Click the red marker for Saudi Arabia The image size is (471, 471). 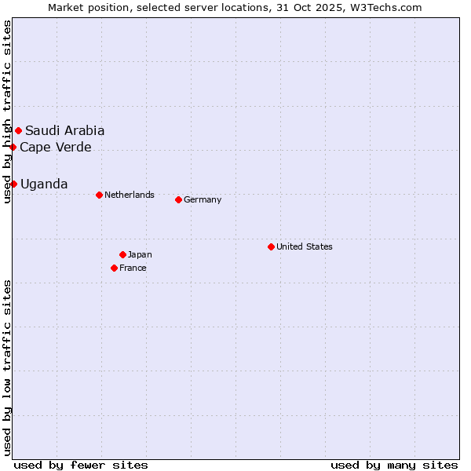(18, 130)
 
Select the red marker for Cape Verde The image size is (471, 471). (13, 147)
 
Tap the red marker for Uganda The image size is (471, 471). (13, 184)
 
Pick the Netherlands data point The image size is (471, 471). (99, 195)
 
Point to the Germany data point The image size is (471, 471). (178, 199)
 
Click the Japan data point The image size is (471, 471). (122, 254)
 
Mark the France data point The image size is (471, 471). (114, 268)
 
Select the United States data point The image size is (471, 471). (271, 246)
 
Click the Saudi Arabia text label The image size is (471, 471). (64, 130)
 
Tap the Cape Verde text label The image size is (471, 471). (55, 147)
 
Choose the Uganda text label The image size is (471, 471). (44, 184)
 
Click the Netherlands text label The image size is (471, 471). (129, 195)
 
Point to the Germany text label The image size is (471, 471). (203, 199)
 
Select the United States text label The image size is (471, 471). (305, 246)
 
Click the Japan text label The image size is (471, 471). (140, 254)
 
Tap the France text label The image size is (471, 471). (133, 268)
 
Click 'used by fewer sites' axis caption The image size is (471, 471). (81, 465)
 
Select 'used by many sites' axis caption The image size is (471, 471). (394, 465)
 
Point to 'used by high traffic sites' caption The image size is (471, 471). (7, 111)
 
